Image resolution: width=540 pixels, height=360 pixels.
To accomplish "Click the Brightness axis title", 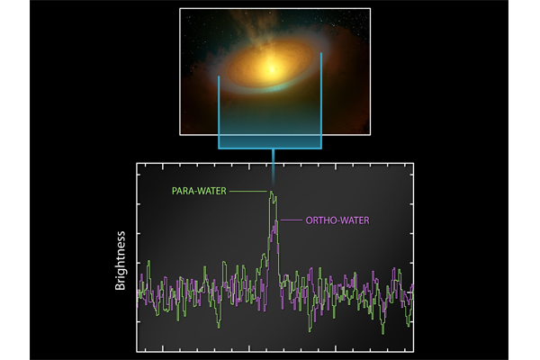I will pos(121,259).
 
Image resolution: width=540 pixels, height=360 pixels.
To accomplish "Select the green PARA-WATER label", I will pos(198,191).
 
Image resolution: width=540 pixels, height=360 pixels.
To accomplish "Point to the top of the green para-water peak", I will pos(271,192).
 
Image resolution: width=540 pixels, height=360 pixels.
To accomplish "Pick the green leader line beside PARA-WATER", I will pos(247,191).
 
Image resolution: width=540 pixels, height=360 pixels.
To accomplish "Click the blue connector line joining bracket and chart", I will pos(271,156).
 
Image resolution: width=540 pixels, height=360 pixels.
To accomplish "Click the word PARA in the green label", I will pos(184,191).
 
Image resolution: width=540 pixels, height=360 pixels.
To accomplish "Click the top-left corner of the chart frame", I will pos(137,164).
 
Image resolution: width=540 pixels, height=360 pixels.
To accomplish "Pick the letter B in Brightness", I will pos(121,287).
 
